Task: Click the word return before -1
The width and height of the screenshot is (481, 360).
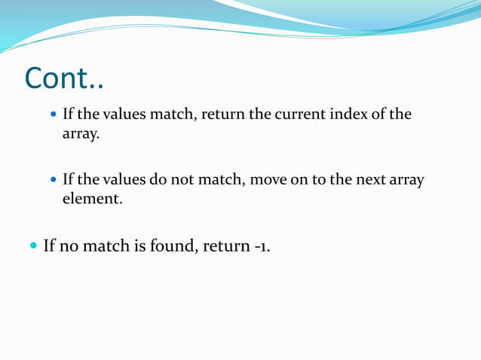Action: [225, 246]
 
